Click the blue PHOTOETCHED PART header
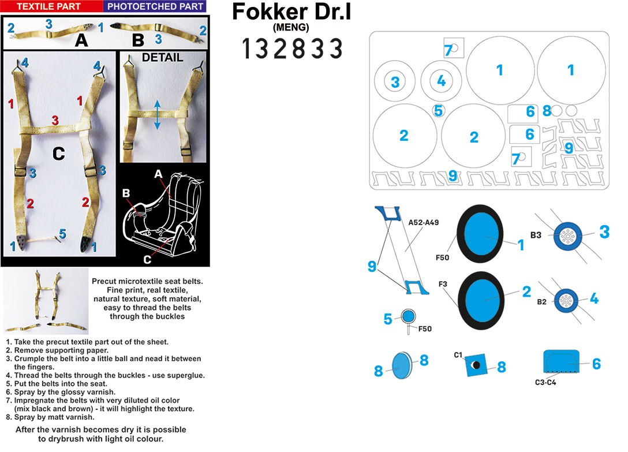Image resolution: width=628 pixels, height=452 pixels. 155,6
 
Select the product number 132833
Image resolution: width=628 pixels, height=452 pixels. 293,49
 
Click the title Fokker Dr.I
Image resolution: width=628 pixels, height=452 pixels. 291,11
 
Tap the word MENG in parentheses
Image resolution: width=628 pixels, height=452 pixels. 291,27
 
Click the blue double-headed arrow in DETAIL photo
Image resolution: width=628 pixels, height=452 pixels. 158,115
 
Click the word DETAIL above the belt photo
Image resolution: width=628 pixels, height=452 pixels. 163,57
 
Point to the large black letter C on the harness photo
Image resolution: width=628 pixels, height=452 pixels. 58,154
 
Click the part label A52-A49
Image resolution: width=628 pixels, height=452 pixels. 423,222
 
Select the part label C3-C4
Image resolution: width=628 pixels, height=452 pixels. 545,382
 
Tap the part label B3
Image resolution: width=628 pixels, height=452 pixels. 536,235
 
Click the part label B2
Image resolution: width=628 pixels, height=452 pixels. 541,302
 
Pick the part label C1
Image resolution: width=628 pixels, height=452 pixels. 458,354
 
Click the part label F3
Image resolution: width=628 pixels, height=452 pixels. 443,284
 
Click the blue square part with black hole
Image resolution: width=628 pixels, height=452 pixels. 476,365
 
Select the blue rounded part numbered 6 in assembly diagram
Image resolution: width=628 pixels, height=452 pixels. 562,361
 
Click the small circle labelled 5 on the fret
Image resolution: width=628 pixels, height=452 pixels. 439,110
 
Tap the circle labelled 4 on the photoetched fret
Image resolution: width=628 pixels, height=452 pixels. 442,81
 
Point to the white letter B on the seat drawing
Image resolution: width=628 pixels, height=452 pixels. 126,193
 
